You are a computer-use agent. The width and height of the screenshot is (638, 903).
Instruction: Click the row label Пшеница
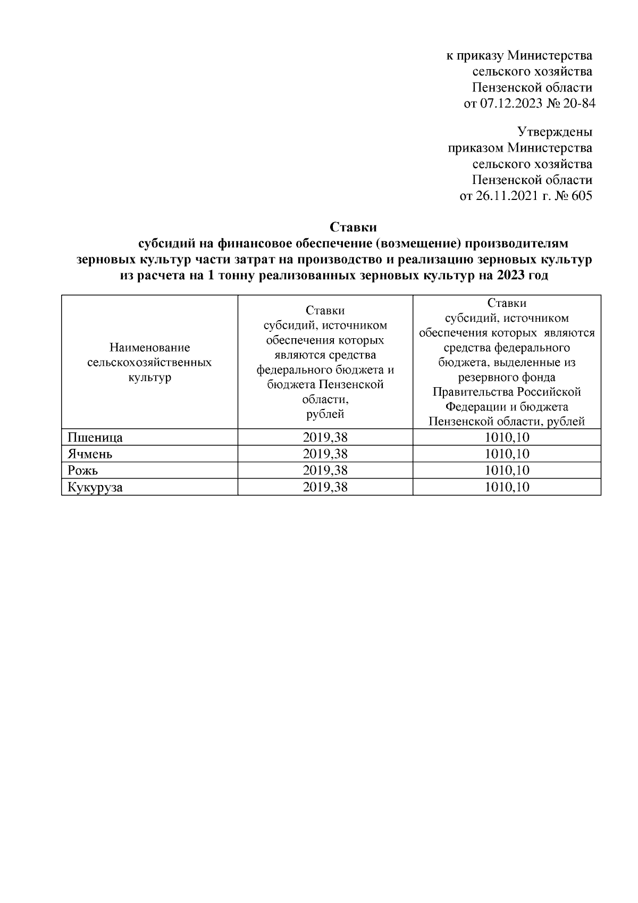pos(95,438)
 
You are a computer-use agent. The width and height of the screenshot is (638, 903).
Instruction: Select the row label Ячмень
pos(90,454)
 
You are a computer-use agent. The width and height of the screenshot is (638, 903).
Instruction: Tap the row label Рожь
pos(83,471)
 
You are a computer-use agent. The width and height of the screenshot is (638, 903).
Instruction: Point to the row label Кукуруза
pos(95,487)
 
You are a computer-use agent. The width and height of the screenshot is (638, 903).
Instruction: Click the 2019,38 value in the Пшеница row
pos(325,438)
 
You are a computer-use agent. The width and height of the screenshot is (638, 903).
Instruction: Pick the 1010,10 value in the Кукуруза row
pos(507,487)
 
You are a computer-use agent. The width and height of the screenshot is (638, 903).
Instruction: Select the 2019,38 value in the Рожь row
pos(325,471)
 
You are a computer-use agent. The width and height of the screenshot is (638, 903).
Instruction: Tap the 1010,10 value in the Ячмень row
pos(507,454)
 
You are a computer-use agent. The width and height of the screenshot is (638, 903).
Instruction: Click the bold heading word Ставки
pos(353,227)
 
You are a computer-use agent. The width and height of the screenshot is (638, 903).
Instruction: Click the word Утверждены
pos(555,131)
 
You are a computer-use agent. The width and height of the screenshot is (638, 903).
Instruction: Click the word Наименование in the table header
pos(149,348)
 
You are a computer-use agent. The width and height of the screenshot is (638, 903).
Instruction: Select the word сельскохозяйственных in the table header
pos(149,363)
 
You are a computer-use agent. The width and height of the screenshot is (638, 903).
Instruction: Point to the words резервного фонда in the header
pos(507,377)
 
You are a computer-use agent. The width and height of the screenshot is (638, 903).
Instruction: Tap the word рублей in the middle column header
pos(325,414)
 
